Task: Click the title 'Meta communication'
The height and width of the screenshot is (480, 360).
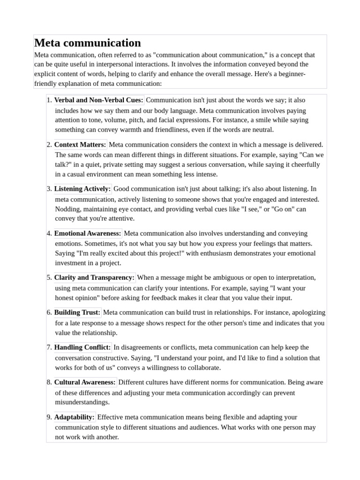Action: pos(88,43)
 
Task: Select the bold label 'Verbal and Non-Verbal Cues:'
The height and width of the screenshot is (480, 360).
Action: pos(99,100)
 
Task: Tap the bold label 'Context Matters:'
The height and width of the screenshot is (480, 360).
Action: pos(80,144)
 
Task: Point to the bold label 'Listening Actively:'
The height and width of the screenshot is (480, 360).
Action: pos(82,189)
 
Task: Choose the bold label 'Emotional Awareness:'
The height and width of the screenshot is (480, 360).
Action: pos(88,233)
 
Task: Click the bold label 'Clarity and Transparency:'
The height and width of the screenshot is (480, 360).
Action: pos(94,277)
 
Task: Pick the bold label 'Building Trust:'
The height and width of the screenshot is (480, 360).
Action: pos(77,312)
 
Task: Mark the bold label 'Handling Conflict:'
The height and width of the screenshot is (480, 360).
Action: pos(82,347)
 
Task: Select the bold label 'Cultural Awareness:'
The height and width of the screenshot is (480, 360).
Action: pos(85,382)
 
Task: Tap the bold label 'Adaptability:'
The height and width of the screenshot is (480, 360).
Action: pos(75,417)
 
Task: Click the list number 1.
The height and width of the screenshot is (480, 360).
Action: pos(49,100)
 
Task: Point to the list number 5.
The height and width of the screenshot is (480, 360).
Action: pos(49,277)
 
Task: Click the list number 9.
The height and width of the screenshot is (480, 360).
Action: pos(49,417)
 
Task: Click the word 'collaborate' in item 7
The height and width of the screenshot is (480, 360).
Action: pos(202,367)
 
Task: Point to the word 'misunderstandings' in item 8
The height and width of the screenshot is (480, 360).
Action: pos(82,402)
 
